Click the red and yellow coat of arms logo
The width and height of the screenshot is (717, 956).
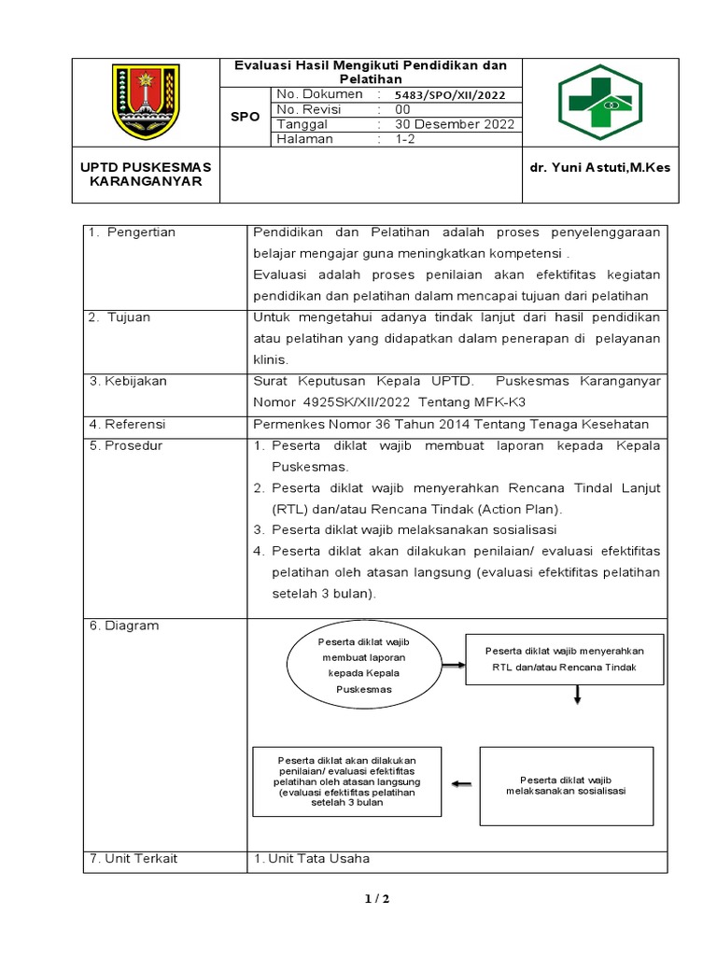(x=145, y=102)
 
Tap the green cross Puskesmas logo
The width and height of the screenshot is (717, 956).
(x=595, y=102)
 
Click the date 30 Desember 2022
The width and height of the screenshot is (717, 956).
(x=454, y=124)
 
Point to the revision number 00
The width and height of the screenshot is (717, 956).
(x=402, y=109)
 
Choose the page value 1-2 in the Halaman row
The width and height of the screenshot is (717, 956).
(x=406, y=139)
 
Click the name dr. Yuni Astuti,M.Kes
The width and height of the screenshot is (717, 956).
(x=599, y=167)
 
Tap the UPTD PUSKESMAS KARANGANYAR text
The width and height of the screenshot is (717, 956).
(x=146, y=174)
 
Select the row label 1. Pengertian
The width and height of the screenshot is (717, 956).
(x=133, y=232)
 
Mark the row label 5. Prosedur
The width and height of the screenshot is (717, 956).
(x=126, y=445)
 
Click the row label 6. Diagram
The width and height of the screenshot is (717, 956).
(x=125, y=626)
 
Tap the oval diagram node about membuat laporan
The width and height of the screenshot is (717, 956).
(x=362, y=666)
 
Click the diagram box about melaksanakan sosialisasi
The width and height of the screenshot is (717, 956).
(x=566, y=785)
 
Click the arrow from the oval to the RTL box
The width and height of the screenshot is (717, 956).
(x=453, y=666)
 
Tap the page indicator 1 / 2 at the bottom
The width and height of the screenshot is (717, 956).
(x=376, y=899)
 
